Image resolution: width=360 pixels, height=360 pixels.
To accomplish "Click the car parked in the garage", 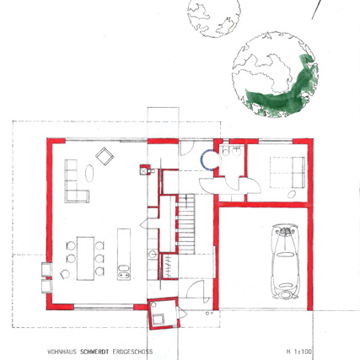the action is (285, 261).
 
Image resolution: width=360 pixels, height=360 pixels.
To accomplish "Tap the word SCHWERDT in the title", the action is (94, 352).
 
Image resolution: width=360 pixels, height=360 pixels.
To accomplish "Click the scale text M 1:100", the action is (299, 352).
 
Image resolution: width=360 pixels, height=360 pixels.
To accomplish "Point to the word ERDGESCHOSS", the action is (132, 352).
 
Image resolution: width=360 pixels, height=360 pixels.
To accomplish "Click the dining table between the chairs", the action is (85, 258).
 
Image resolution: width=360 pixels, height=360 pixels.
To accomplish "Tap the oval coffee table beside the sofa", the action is (89, 174).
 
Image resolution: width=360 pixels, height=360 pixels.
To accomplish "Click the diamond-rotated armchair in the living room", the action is (105, 156).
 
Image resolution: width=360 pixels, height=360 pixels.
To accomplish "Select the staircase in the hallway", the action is (186, 224).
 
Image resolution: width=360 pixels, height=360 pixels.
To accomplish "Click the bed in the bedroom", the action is (287, 172).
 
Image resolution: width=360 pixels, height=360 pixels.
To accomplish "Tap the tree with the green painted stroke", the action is (275, 74).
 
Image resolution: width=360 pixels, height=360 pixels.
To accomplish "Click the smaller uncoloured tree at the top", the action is (214, 18).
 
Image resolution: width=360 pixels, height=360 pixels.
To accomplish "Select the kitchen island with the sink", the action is (124, 255).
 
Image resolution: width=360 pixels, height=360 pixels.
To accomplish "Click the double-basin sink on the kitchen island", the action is (124, 272).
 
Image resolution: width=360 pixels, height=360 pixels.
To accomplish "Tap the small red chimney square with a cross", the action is (144, 169).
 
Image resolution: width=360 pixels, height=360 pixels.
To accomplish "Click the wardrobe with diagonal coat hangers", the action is (169, 266).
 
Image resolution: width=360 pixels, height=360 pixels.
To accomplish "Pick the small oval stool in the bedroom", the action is (292, 194).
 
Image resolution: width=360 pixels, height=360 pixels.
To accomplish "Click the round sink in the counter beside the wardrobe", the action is (153, 254).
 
